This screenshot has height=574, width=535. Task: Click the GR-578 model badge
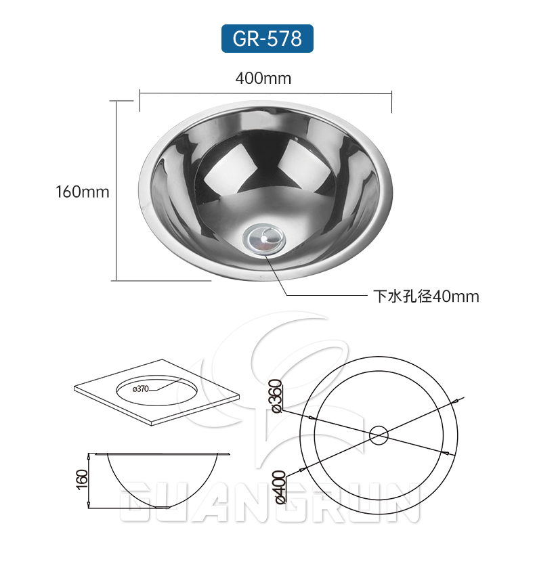267,39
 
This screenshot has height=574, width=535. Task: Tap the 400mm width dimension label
263,79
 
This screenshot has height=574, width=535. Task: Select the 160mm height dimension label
82,192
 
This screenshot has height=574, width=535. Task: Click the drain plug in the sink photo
265,238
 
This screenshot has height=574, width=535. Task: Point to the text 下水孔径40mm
426,296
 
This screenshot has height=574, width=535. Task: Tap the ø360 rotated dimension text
276,397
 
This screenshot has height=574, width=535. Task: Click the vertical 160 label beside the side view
82,480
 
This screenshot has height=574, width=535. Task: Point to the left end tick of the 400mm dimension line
140,100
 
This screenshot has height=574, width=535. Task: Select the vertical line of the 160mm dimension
116,190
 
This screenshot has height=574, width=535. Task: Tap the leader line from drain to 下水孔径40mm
318,296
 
